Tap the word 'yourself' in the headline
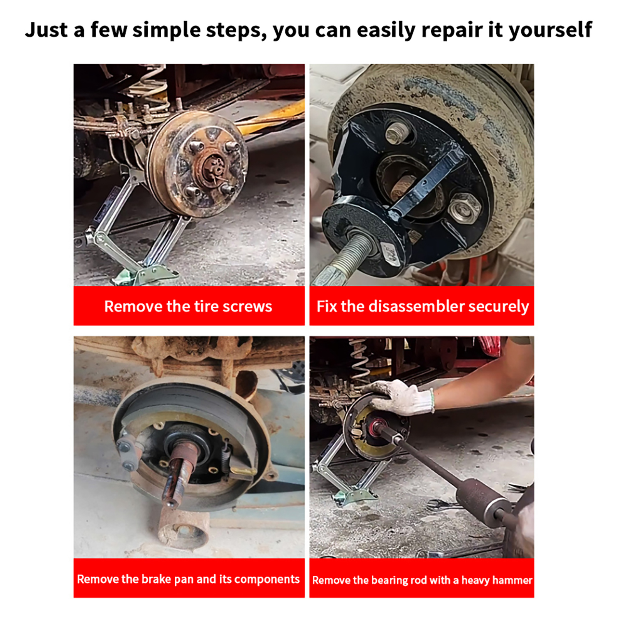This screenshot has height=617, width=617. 550,30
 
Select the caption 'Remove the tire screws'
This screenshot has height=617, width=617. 188,306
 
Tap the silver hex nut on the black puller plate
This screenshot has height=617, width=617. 465,208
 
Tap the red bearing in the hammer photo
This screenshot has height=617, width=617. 376,426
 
